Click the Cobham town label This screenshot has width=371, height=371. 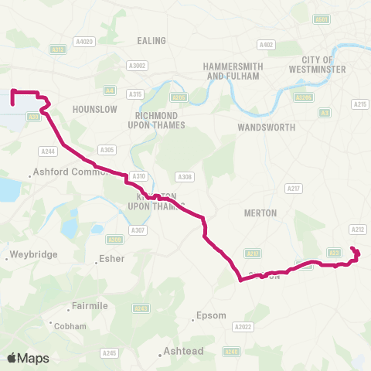70,326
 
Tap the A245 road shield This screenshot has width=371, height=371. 110,353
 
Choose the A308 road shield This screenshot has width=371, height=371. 184,176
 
